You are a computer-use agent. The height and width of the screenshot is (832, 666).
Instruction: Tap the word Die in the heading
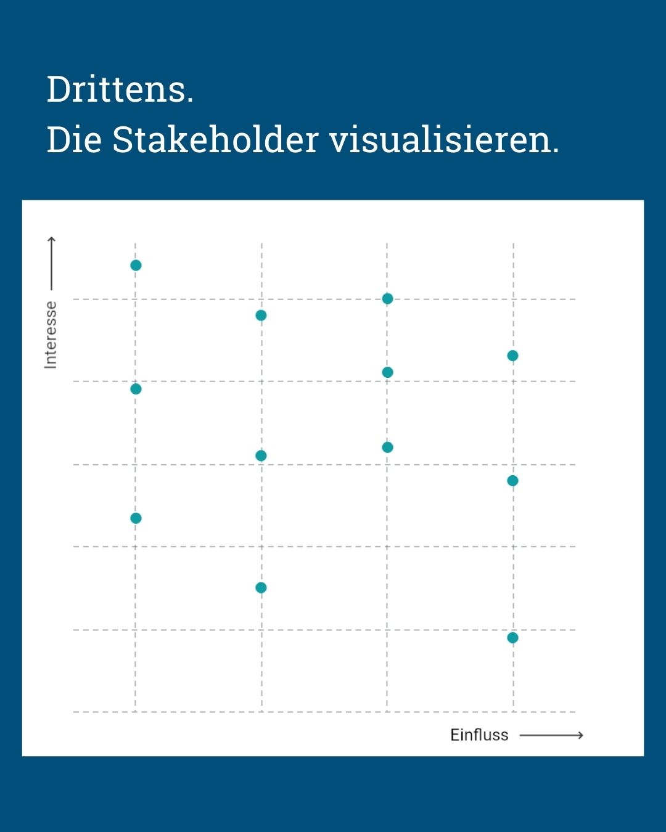[x=74, y=140]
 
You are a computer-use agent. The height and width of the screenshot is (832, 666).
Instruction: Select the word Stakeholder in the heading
[x=215, y=140]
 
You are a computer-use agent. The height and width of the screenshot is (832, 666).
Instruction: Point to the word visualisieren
[x=444, y=140]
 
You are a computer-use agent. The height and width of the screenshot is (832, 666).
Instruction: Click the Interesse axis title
[x=51, y=335]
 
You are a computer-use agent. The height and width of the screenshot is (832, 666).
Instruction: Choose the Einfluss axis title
[x=479, y=735]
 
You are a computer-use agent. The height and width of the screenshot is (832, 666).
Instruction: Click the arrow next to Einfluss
[x=551, y=735]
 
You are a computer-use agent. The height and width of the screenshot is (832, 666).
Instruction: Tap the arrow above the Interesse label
[x=52, y=263]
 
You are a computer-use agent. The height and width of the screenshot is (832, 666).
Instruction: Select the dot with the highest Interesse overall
[x=136, y=265]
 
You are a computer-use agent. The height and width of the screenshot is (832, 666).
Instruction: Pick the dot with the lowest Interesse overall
[x=512, y=637]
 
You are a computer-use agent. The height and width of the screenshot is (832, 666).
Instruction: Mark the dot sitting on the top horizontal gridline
[x=387, y=299]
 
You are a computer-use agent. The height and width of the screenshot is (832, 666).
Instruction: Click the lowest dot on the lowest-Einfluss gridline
[x=136, y=518]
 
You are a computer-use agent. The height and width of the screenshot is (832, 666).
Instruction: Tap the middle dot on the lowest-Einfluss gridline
[x=136, y=389]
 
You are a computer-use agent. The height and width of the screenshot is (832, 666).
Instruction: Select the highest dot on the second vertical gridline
[x=261, y=316]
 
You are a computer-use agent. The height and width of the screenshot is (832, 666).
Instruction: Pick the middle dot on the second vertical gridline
[x=261, y=455]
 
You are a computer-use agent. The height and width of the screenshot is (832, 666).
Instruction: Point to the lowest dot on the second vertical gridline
[x=261, y=587]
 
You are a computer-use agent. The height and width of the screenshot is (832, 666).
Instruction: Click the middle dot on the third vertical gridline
[x=387, y=372]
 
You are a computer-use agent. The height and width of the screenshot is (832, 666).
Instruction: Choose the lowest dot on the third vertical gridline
[x=387, y=447]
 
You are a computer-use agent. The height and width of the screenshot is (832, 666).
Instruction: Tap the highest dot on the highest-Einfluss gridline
[x=512, y=356]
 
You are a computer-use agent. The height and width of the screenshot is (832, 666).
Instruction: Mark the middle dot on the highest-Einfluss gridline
[x=512, y=480]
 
